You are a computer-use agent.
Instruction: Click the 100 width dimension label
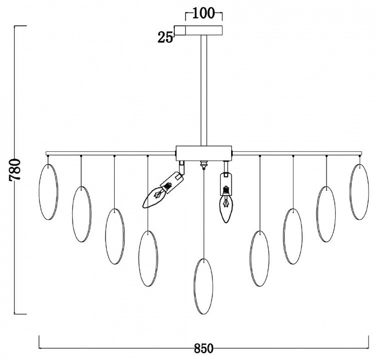point(203,14)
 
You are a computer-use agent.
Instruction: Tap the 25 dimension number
point(165,38)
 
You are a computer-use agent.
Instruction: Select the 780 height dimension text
point(15,170)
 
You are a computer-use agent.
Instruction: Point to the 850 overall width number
point(203,348)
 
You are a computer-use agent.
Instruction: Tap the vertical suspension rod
point(204,90)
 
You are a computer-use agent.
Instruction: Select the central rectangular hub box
point(204,153)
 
